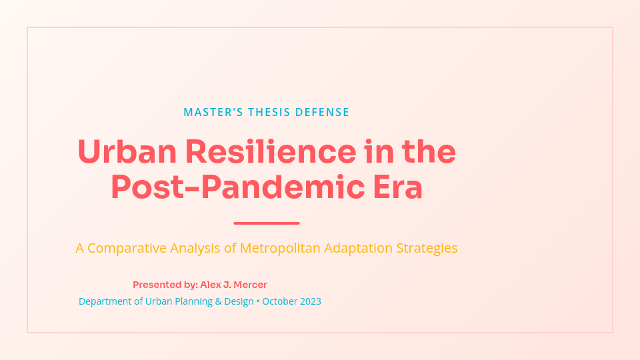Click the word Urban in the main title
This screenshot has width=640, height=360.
(x=127, y=152)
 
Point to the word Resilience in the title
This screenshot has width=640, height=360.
(x=271, y=152)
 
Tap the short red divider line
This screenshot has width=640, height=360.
(x=267, y=223)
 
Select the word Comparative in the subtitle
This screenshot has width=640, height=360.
(x=127, y=248)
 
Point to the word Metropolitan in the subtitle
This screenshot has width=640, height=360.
(x=280, y=248)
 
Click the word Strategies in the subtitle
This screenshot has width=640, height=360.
(x=427, y=248)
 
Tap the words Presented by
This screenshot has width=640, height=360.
(x=165, y=285)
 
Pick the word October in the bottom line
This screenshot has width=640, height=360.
(x=279, y=301)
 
